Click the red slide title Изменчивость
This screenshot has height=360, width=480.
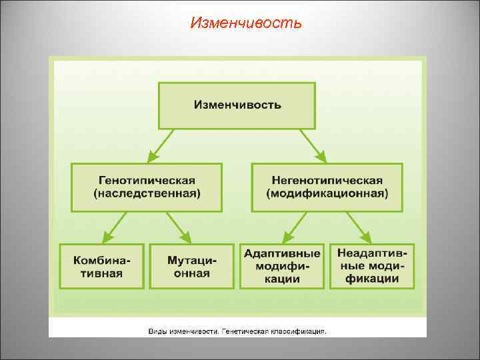[245, 24]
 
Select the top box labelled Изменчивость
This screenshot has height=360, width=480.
[237, 105]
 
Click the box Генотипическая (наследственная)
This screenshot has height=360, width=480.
[147, 187]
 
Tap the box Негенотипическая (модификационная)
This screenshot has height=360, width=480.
[327, 187]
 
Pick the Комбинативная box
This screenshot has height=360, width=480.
[102, 266]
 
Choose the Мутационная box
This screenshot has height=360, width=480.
[192, 266]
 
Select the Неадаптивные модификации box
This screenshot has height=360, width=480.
[372, 266]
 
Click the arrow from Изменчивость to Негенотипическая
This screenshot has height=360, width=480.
[312, 145]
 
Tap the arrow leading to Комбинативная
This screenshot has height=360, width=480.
[115, 227]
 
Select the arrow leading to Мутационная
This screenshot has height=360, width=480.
[179, 227]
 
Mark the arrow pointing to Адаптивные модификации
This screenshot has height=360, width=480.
[294, 227]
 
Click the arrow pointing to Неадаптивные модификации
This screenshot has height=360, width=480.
[359, 227]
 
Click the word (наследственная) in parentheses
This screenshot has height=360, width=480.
[147, 194]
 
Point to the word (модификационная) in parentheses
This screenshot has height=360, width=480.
[327, 194]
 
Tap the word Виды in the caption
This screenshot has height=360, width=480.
[159, 330]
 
